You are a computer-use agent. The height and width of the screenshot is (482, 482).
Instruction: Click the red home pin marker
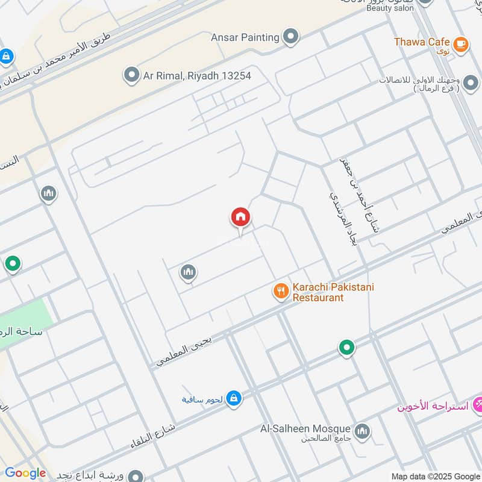pos(240,218)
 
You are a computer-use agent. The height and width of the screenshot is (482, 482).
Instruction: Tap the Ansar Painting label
pos(245,37)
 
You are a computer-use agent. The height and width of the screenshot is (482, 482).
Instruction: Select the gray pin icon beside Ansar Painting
pos(291,37)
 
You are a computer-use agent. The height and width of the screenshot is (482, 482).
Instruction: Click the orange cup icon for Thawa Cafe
pos(461,43)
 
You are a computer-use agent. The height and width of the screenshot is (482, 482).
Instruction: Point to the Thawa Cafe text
pos(422,42)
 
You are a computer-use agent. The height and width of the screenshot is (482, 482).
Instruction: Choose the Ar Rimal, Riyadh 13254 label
pos(196,76)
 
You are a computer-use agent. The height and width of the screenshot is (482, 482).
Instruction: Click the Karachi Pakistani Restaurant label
pos(333,292)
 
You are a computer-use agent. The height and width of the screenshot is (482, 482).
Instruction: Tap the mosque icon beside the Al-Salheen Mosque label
pos(362,431)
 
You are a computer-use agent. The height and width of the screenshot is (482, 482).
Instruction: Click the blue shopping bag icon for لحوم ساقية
pos(235,398)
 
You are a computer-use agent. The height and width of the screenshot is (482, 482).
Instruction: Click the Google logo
pos(25,473)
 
